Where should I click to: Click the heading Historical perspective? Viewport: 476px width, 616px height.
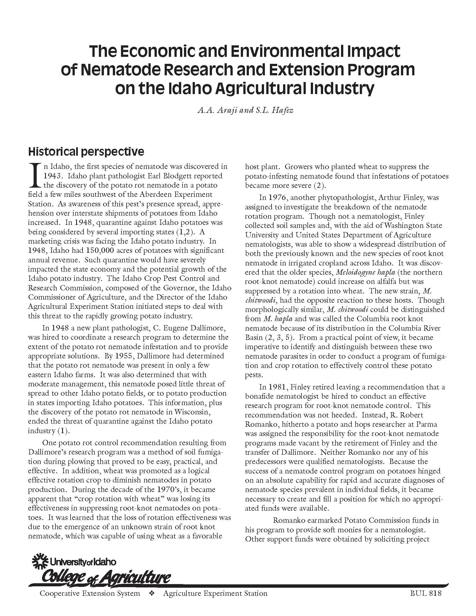[86, 152]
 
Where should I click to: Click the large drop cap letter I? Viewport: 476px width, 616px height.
[35, 176]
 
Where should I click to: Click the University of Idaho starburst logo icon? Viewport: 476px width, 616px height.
[41, 562]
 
